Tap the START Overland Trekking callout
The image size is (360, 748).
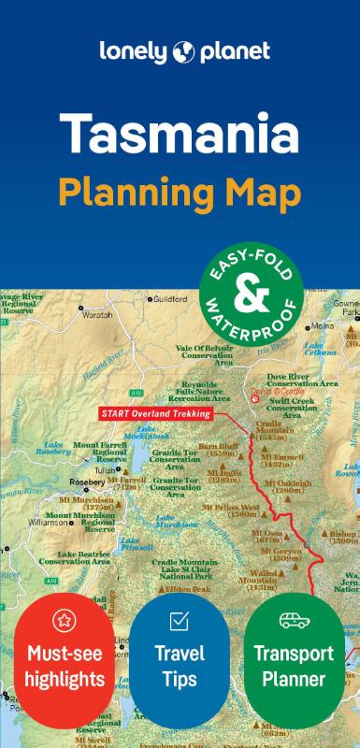pos(155,412)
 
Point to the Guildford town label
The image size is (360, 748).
pos(172,299)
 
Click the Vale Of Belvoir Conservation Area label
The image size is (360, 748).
pos(207,352)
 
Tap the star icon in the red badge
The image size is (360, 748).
pos(65,619)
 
